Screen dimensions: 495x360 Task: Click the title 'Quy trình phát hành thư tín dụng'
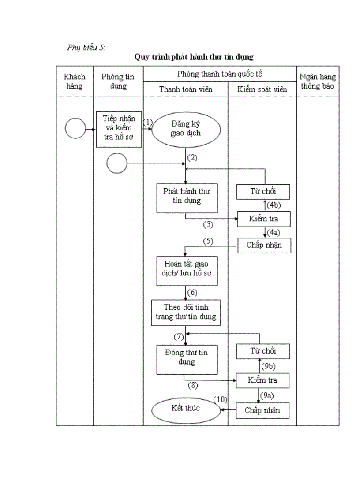pos(194,57)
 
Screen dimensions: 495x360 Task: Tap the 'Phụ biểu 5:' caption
pos(86,48)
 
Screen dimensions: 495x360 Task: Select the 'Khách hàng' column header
pos(75,82)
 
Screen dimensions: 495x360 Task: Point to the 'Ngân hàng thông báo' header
pos(318,82)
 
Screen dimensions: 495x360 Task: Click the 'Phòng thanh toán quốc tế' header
pos(220,74)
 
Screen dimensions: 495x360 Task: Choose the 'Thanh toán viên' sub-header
pos(185,89)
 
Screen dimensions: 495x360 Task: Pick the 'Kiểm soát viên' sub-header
pos(262,89)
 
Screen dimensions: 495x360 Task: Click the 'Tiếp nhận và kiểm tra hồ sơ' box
pos(119,129)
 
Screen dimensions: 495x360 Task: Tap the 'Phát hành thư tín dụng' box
pos(187,196)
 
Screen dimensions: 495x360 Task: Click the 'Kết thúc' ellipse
pos(185,409)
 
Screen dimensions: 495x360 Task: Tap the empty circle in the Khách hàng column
pos(75,129)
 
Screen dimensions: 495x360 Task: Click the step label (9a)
pos(266,395)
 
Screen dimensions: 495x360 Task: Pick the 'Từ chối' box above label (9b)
pos(263,351)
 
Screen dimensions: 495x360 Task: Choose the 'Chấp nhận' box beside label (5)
pos(264,245)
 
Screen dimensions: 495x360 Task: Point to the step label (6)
pos(192,293)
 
